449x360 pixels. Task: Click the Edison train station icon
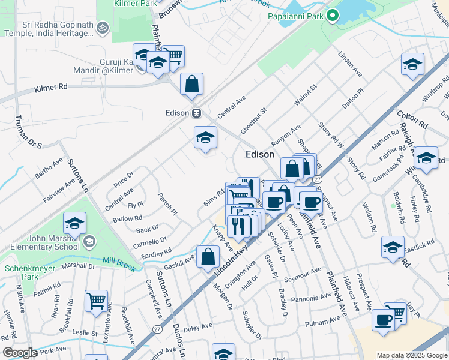tap(196, 113)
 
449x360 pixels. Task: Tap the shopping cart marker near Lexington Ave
tap(96, 301)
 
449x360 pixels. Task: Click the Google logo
tap(20, 353)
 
